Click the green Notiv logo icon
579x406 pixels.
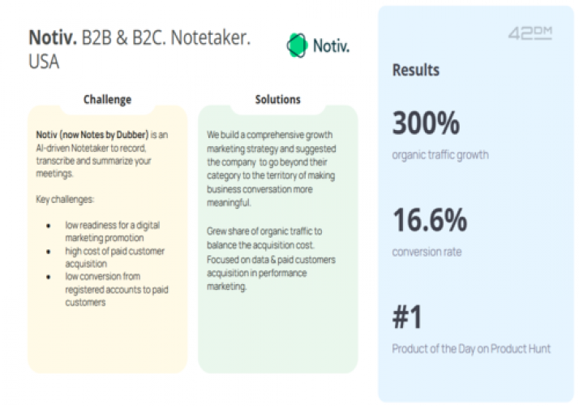click(x=298, y=45)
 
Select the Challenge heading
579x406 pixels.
click(x=107, y=100)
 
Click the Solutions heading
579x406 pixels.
click(x=277, y=100)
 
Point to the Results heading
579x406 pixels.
click(x=416, y=70)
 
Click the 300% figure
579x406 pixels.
click(x=426, y=123)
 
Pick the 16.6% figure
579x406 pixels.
click(x=430, y=220)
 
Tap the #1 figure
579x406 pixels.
click(x=408, y=317)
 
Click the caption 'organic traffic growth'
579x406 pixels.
click(x=440, y=154)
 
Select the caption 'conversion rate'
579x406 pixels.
click(x=427, y=252)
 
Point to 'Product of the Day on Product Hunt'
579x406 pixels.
click(x=471, y=349)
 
